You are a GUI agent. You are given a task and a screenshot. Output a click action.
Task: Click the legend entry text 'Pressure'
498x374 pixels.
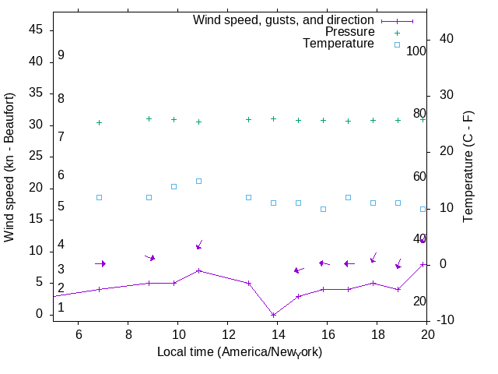point(349,32)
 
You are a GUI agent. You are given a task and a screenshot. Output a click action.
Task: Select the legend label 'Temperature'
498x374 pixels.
point(338,44)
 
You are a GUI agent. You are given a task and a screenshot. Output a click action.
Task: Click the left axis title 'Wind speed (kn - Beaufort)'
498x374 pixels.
point(9,167)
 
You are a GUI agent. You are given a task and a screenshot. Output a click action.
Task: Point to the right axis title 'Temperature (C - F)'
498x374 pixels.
point(470,166)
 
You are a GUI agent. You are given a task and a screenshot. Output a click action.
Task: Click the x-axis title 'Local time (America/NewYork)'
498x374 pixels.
point(240,352)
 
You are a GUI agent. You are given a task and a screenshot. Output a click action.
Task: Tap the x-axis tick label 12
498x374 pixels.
point(227,333)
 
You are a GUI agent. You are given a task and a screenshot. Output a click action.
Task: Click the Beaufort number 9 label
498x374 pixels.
point(61,55)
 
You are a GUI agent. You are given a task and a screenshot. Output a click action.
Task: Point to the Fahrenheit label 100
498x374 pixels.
point(416,51)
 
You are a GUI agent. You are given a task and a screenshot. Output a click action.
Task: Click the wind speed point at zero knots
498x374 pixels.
point(274,315)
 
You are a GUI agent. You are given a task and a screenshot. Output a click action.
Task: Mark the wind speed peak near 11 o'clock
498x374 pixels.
point(199,270)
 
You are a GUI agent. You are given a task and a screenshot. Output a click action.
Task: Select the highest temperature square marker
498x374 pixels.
point(199,181)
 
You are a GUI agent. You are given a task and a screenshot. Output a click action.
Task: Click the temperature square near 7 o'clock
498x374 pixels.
point(100,197)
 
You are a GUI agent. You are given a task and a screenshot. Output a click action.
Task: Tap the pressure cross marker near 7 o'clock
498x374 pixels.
point(100,122)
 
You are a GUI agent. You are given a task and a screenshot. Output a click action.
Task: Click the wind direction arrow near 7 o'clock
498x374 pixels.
point(100,263)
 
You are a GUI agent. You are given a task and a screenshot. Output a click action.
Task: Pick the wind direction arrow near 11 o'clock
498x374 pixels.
point(199,245)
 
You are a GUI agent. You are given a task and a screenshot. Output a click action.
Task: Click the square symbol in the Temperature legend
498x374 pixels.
point(397,44)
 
